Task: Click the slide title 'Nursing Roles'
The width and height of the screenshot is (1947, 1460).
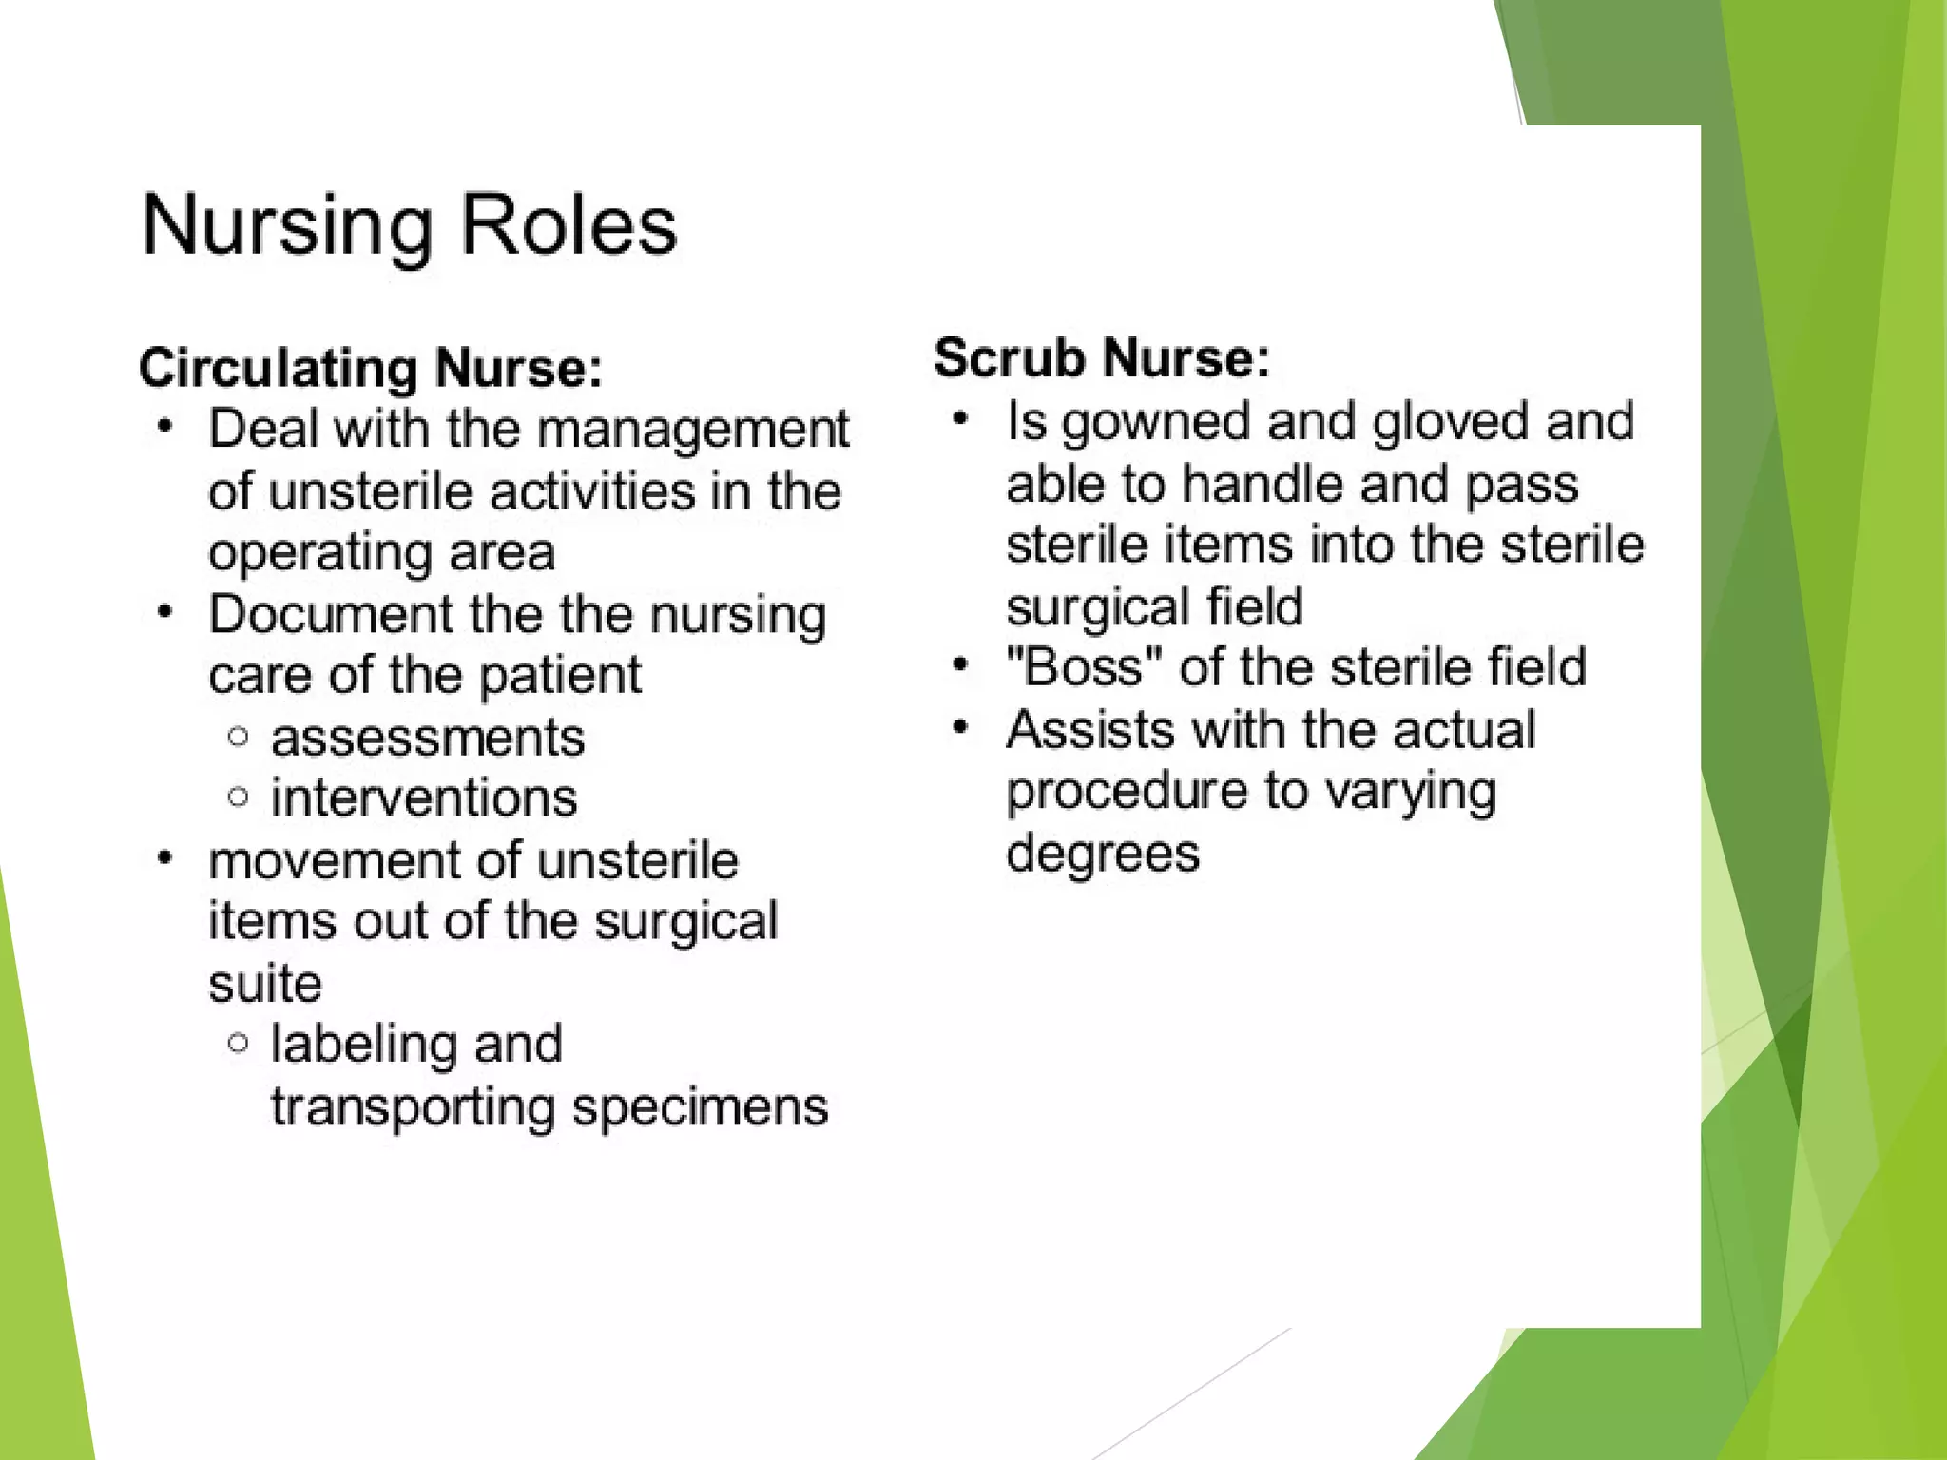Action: click(x=409, y=226)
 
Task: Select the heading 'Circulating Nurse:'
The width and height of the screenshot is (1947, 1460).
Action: click(x=371, y=368)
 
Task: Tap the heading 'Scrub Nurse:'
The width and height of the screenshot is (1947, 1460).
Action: click(x=1102, y=358)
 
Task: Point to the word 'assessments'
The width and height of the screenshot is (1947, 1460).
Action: click(x=428, y=739)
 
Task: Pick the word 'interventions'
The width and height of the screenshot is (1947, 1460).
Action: click(x=424, y=798)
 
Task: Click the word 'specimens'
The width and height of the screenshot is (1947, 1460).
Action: click(x=701, y=1107)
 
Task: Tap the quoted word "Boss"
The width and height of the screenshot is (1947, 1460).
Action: click(x=1085, y=667)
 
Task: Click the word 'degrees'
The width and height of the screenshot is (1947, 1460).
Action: click(x=1103, y=853)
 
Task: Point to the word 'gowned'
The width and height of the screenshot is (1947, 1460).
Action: click(x=1155, y=422)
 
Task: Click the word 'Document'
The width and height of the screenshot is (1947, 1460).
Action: click(x=330, y=615)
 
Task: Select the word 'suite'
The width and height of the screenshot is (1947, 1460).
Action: click(x=265, y=984)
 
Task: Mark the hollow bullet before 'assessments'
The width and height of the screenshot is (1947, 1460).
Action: click(x=239, y=737)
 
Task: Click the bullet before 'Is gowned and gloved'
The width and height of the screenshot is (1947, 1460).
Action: click(x=961, y=418)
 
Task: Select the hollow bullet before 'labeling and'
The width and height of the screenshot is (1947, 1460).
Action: click(x=239, y=1044)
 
